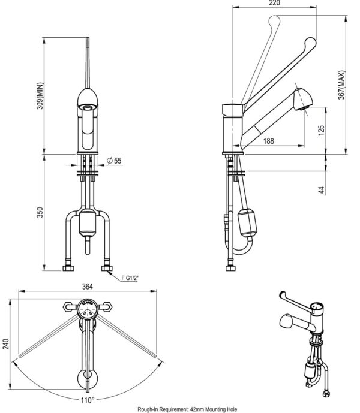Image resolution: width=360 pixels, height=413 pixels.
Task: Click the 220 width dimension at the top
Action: pos(275,3)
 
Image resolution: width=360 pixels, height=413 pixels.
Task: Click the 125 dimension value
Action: pos(322,129)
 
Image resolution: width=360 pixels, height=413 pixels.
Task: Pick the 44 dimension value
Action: pos(322,189)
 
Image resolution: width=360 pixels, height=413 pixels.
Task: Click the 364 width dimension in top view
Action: pos(88,287)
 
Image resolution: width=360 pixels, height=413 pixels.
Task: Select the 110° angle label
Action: pos(88,399)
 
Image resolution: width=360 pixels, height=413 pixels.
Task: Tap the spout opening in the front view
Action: pos(88,107)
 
